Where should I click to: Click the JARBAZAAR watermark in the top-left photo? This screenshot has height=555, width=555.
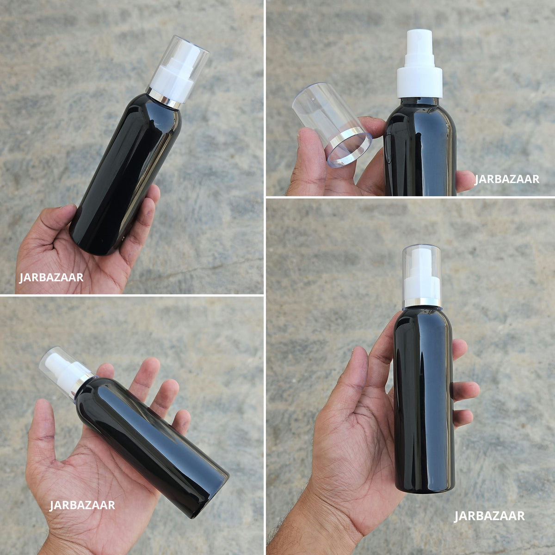pos(51,277)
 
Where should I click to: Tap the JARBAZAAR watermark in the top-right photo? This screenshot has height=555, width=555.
pos(507,179)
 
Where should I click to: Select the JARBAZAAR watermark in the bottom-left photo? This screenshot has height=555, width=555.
pos(82,505)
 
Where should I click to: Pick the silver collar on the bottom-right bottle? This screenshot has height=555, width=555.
pos(422,302)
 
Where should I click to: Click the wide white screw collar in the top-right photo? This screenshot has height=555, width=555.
pos(419,82)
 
